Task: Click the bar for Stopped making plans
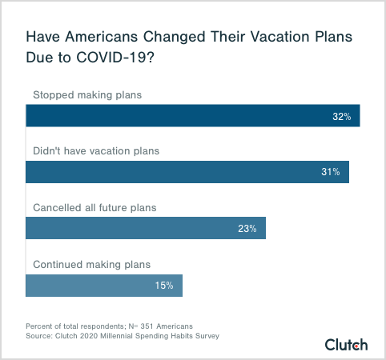(x=192, y=116)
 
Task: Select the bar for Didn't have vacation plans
(x=187, y=172)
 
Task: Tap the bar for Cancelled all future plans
(x=146, y=228)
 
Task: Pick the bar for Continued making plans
(x=104, y=285)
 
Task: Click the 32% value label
(x=342, y=117)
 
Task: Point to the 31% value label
(x=331, y=173)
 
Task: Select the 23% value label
(x=247, y=229)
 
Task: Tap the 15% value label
(x=164, y=286)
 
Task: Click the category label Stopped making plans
(x=86, y=95)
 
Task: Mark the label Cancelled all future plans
(x=94, y=207)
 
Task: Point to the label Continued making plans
(x=91, y=263)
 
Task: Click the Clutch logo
(x=346, y=345)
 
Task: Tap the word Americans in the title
(x=99, y=38)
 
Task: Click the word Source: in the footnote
(x=42, y=336)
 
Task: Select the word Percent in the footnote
(x=41, y=326)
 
